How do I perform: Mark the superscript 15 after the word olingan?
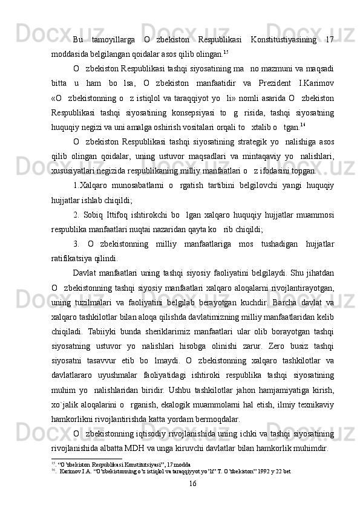226,51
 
